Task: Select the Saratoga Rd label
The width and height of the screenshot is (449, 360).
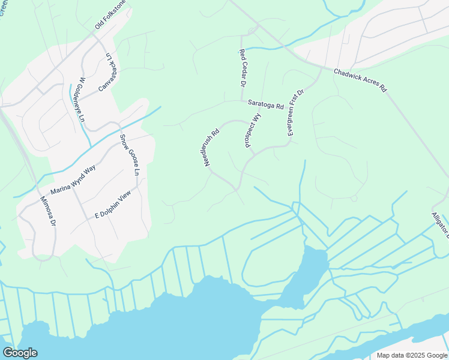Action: [x=265, y=105]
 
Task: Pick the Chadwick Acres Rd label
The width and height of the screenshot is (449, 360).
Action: [x=360, y=79]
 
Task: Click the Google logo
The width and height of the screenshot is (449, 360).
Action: [x=20, y=353]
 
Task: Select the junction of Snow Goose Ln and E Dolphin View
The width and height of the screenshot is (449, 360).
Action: [x=138, y=187]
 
